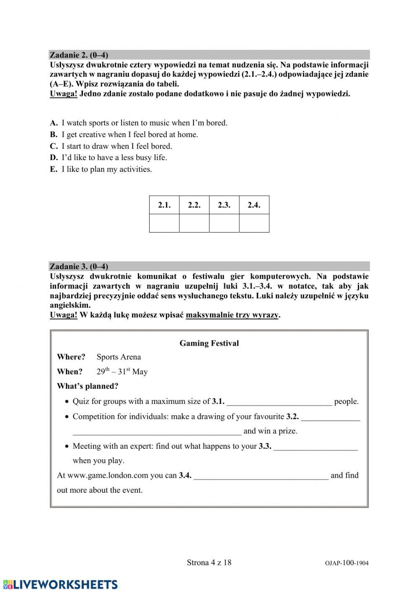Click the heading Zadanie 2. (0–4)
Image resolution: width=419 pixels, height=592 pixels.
[79, 55]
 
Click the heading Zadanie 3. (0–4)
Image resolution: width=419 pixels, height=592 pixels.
[79, 266]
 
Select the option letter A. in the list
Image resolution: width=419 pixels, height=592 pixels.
[54, 123]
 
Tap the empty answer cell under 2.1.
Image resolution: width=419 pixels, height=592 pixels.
[164, 223]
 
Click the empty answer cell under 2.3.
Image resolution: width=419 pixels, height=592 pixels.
[224, 223]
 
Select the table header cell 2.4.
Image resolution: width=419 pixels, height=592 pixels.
[254, 205]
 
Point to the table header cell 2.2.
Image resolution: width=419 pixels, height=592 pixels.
[194, 205]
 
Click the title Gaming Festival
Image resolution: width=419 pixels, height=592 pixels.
[209, 343]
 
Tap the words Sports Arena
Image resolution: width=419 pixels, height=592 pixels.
[119, 357]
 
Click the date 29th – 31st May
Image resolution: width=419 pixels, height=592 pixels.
[122, 372]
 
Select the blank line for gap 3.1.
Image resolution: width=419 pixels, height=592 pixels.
[279, 402]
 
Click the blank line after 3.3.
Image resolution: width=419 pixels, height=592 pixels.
[316, 447]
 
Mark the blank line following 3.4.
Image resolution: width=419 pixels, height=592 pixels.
[261, 476]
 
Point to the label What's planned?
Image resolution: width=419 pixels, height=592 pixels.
[88, 386]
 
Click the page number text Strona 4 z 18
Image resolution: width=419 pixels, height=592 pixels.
[209, 562]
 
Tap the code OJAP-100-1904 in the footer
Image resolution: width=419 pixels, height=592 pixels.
[347, 563]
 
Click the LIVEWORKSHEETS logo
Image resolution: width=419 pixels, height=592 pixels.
[60, 584]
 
